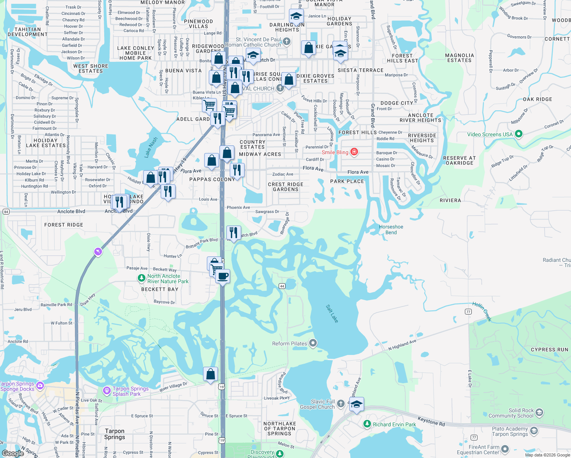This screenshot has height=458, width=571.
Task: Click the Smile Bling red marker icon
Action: pos(354,152)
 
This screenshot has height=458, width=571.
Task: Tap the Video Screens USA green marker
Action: pos(518,134)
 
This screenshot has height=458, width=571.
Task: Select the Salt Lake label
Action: pos(332,313)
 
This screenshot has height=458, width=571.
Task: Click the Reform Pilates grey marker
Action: pos(313,343)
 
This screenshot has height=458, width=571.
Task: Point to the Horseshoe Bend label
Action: pos(391,229)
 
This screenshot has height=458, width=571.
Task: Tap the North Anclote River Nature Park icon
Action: pos(142,278)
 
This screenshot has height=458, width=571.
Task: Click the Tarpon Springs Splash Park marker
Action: pos(107,390)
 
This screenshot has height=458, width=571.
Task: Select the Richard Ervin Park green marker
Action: pos(367,424)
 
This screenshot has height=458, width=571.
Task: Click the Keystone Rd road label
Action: pos(431,421)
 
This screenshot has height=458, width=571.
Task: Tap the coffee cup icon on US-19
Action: pos(223,276)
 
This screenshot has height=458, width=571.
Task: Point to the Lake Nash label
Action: pos(151,147)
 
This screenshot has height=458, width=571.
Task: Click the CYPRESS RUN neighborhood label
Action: pos(549,350)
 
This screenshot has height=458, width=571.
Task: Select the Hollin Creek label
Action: pos(482,311)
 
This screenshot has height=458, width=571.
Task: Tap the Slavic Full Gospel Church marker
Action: pos(341,403)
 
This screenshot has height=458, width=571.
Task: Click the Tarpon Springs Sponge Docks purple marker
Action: pos(40,386)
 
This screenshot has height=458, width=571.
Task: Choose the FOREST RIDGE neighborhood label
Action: pos(64,225)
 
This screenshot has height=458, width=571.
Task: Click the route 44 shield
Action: pos(282,286)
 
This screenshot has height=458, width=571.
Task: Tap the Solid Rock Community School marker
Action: pos(539,413)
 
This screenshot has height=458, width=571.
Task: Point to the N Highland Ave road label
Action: pos(402,345)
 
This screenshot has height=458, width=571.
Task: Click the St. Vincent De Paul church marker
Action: pos(287,41)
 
